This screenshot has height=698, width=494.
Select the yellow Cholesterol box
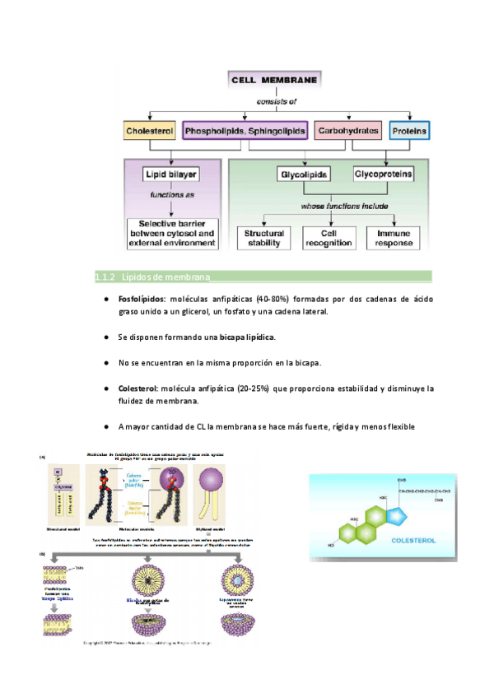coord(147,131)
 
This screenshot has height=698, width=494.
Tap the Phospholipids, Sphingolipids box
coord(245,131)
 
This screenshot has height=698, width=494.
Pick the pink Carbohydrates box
coord(348,131)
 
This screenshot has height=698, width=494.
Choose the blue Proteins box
coord(409,131)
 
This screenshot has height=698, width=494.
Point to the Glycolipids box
coord(303,174)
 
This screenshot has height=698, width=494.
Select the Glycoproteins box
coord(383,174)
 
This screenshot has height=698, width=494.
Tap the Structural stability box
coord(264,238)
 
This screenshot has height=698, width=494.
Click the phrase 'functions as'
coord(171,195)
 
